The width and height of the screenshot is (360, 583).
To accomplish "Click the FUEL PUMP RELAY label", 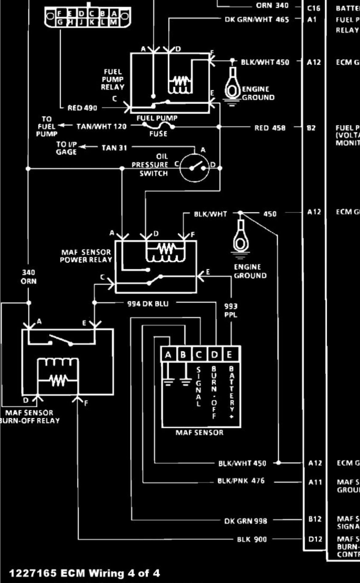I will tap(113, 79).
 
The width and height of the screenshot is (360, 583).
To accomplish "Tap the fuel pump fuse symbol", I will tap(158, 125).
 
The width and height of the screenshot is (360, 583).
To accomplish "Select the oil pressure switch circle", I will tap(194, 168).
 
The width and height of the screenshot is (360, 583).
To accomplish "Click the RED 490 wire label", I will tap(82, 108).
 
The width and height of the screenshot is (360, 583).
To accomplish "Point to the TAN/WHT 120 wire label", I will tap(102, 126).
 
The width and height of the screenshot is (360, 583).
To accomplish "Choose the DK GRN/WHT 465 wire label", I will tap(257, 19).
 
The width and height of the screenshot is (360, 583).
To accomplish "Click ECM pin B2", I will tap(311, 128).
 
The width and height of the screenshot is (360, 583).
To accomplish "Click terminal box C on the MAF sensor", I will tap(199, 355).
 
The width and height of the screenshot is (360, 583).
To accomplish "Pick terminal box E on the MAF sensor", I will tap(230, 355).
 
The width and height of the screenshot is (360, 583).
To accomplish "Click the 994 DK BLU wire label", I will tap(148, 304).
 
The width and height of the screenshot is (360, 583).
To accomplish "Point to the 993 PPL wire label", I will tap(231, 310).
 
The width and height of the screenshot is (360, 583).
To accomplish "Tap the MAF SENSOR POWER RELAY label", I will tap(86, 256).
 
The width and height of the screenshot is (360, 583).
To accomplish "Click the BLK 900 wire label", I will tap(252, 539).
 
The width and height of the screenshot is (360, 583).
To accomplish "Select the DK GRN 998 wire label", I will tap(246, 521).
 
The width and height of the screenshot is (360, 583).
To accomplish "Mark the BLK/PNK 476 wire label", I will tap(241, 481).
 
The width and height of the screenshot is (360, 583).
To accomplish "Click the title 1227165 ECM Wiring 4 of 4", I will tap(85, 573).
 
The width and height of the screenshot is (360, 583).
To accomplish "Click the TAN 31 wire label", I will tap(114, 148).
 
